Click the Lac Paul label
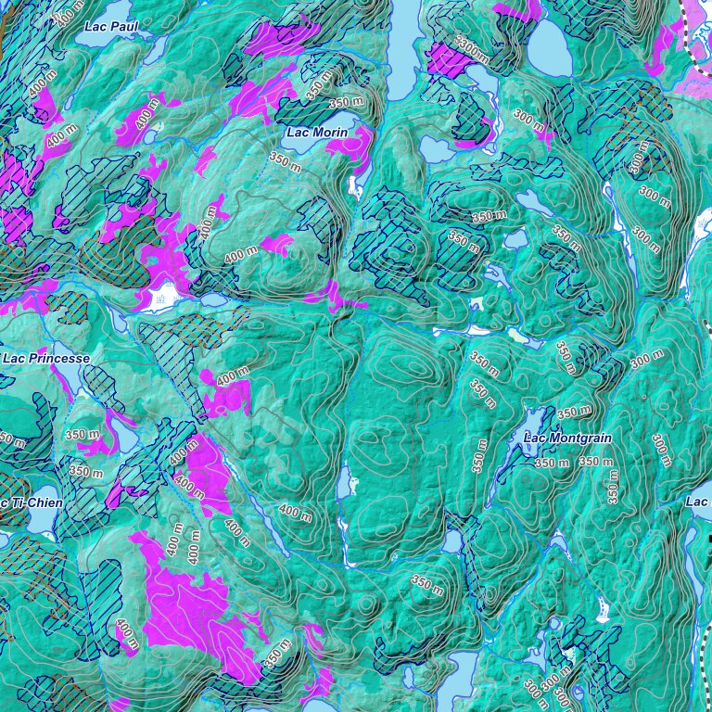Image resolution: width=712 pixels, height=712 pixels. pyautogui.click(x=110, y=27)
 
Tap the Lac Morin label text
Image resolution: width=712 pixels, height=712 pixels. pyautogui.click(x=317, y=133)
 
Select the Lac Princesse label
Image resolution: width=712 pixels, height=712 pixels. pyautogui.click(x=46, y=358)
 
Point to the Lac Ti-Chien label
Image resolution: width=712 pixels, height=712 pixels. pyautogui.click(x=32, y=502)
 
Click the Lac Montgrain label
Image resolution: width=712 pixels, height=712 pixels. pyautogui.click(x=565, y=438)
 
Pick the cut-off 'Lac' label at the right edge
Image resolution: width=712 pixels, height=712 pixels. pyautogui.click(x=697, y=502)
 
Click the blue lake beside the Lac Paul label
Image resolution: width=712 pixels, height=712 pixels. pyautogui.click(x=152, y=46)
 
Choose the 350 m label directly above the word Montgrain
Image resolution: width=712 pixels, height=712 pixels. pyautogui.click(x=574, y=412)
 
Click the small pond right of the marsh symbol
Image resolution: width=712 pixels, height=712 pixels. pyautogui.click(x=212, y=300)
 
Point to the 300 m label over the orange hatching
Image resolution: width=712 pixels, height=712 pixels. pyautogui.click(x=638, y=159)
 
